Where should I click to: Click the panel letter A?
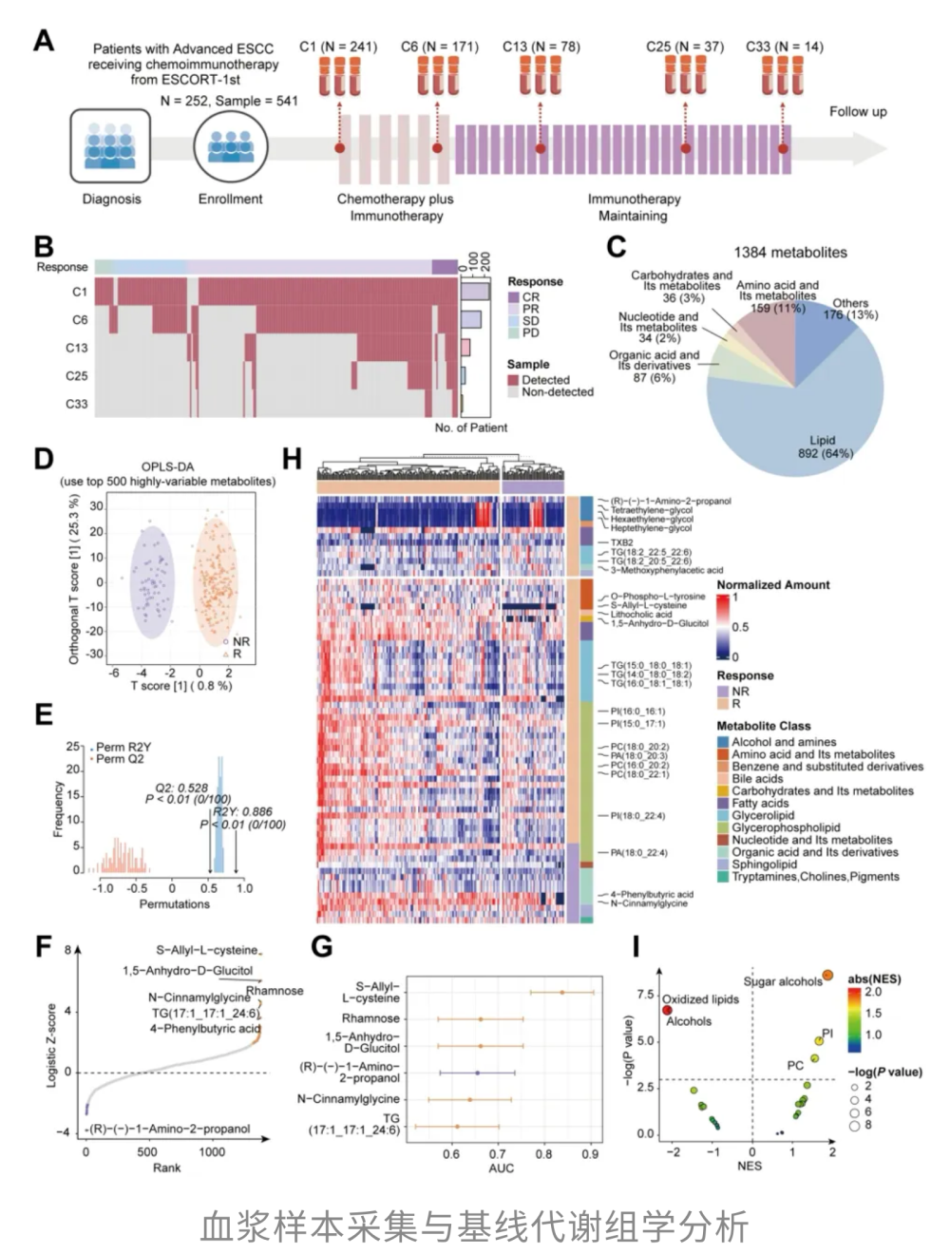tap(43, 41)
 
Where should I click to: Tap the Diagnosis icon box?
tap(110, 145)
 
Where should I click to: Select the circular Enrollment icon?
tap(230, 145)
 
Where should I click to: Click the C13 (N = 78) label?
tap(541, 47)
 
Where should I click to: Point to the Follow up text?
tap(857, 111)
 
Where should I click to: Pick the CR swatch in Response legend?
tap(514, 297)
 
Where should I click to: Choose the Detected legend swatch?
tap(514, 380)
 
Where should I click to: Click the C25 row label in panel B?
tap(76, 376)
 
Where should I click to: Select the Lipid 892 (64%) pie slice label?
tap(825, 446)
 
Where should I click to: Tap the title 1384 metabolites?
tap(789, 253)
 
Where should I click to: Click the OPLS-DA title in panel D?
tap(168, 466)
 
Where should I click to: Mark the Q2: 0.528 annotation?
tap(181, 788)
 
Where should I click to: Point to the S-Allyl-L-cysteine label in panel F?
tap(207, 950)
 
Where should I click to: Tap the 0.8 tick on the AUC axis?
tap(543, 1154)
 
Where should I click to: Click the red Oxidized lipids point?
tap(667, 1010)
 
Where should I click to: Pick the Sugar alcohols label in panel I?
tap(782, 981)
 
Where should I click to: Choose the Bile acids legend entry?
tap(757, 779)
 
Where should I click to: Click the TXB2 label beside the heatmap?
tap(621, 542)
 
